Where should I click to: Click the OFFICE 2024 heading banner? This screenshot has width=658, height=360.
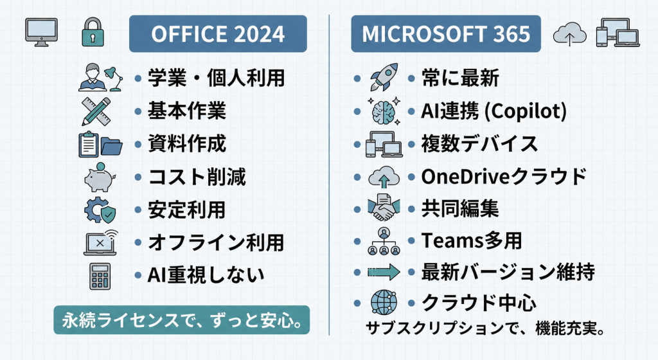(x=218, y=33)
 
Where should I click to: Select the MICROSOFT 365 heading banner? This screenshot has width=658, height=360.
(x=446, y=33)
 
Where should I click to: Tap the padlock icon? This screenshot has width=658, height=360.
(x=93, y=32)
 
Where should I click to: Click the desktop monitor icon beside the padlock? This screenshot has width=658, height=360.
(x=41, y=32)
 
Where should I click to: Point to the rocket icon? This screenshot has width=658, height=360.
(x=384, y=77)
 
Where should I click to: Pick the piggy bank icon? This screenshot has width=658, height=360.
(x=100, y=177)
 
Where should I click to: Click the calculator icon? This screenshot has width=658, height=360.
(x=100, y=276)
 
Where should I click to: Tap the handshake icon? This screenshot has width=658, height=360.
(x=384, y=208)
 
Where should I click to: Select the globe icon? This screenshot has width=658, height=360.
(x=384, y=302)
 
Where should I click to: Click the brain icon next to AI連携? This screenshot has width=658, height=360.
(x=384, y=111)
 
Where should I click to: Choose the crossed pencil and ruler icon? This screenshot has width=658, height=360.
(x=96, y=111)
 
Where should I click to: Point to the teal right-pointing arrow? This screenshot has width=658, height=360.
(x=384, y=272)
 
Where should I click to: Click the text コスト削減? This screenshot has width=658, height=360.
(x=197, y=177)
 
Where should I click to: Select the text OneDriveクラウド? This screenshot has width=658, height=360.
(x=504, y=176)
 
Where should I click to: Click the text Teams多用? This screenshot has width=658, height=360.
(x=472, y=240)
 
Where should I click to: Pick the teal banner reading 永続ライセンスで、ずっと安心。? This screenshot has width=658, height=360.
(x=181, y=319)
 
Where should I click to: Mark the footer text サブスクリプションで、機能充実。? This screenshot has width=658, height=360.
(x=485, y=328)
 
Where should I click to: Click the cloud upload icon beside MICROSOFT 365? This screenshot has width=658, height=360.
(x=569, y=33)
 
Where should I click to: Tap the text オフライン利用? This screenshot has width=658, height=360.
(x=216, y=242)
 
